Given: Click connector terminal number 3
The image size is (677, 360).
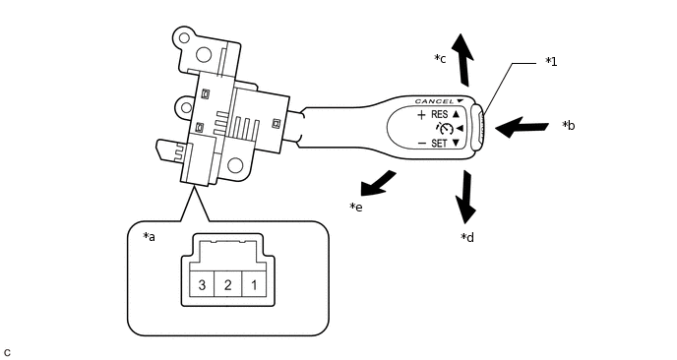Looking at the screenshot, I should pyautogui.click(x=202, y=285).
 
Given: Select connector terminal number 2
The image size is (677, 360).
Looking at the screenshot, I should pyautogui.click(x=227, y=285).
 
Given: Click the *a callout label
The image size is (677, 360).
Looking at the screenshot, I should pyautogui.click(x=151, y=237).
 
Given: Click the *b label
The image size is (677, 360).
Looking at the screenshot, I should pyautogui.click(x=568, y=126).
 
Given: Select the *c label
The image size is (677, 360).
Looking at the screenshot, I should pyautogui.click(x=441, y=59).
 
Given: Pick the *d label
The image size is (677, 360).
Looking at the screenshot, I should pyautogui.click(x=467, y=237).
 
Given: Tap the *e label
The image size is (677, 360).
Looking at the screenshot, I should pyautogui.click(x=356, y=207).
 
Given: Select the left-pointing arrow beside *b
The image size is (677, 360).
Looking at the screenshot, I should pyautogui.click(x=522, y=127).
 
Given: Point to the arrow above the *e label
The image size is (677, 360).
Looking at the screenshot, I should pyautogui.click(x=379, y=183).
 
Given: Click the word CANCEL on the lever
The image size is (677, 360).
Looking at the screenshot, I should pyautogui.click(x=434, y=101).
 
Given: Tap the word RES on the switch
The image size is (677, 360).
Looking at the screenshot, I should pyautogui.click(x=438, y=115).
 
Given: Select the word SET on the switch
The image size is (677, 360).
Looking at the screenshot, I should pyautogui.click(x=438, y=144).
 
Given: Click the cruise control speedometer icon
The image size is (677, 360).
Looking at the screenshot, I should pyautogui.click(x=446, y=129).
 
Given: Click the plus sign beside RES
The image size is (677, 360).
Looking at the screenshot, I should pyautogui.click(x=421, y=115).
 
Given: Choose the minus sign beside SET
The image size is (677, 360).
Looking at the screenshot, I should pyautogui.click(x=421, y=144).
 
